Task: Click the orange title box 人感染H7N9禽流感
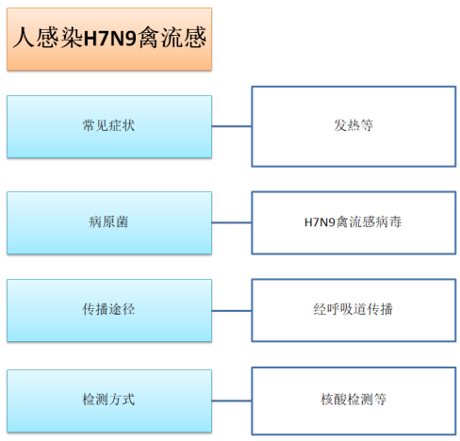pyautogui.click(x=109, y=39)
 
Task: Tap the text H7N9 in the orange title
pyautogui.click(x=110, y=39)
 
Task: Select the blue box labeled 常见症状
pyautogui.click(x=109, y=126)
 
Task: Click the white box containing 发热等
pyautogui.click(x=353, y=126)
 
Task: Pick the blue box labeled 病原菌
pyautogui.click(x=109, y=222)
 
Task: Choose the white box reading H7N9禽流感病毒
pyautogui.click(x=353, y=222)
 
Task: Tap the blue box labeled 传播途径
pyautogui.click(x=109, y=310)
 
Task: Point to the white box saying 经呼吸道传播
pyautogui.click(x=353, y=310)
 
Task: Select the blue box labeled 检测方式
pyautogui.click(x=109, y=400)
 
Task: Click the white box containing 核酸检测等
pyautogui.click(x=353, y=400)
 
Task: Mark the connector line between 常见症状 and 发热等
pyautogui.click(x=232, y=126)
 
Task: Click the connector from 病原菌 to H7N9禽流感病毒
pyautogui.click(x=232, y=222)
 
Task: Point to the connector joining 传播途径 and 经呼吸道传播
pyautogui.click(x=232, y=311)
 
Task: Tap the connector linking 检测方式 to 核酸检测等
pyautogui.click(x=232, y=400)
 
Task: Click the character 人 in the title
pyautogui.click(x=24, y=38)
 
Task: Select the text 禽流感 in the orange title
pyautogui.click(x=172, y=38)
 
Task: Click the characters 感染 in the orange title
pyautogui.click(x=59, y=38)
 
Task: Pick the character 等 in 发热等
pyautogui.click(x=367, y=125)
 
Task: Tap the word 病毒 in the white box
pyautogui.click(x=388, y=222)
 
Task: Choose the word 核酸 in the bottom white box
pyautogui.click(x=334, y=400)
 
